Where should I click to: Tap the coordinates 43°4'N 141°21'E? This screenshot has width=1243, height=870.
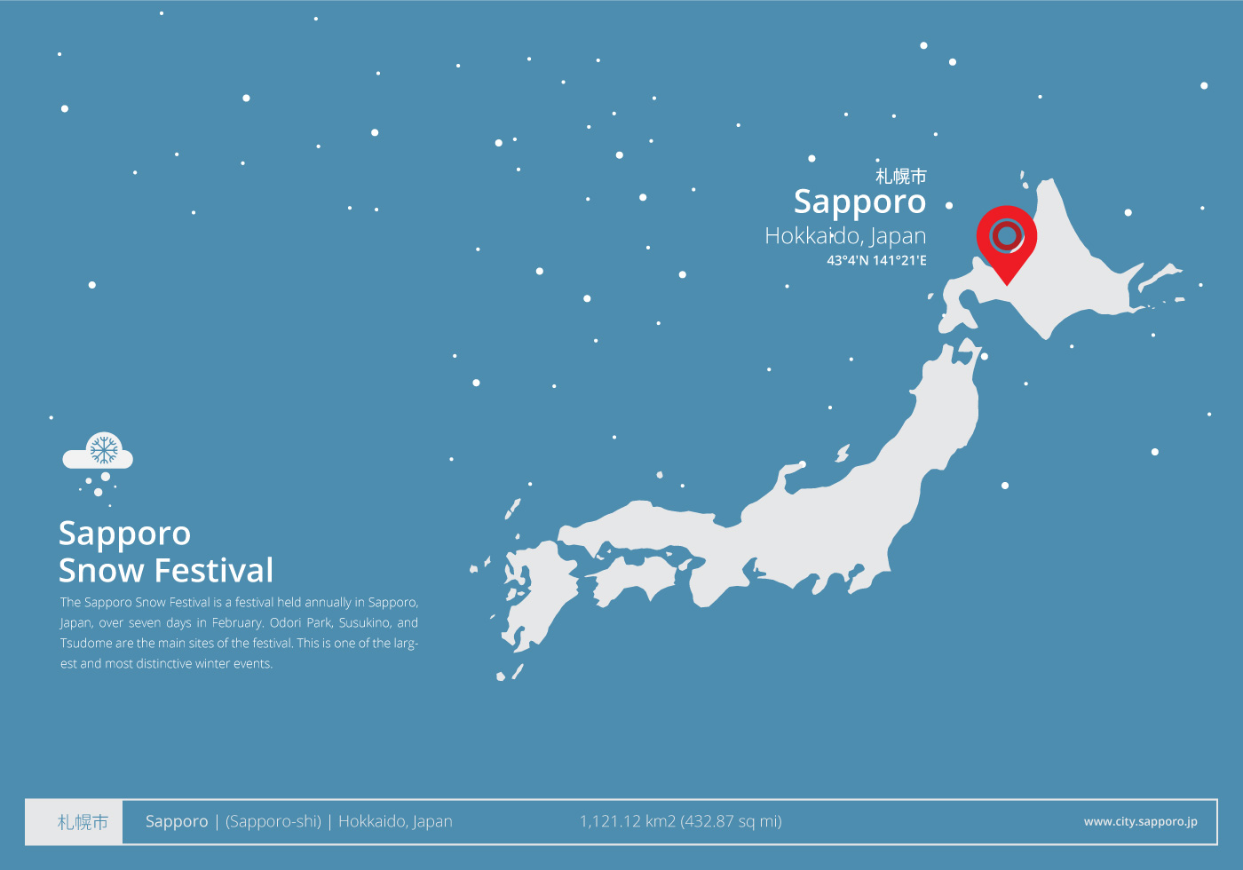click(876, 260)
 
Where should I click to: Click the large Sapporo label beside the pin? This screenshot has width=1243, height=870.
click(859, 202)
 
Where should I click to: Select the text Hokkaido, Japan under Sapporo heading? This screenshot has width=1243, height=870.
click(845, 236)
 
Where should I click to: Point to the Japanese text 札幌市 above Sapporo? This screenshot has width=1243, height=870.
click(900, 177)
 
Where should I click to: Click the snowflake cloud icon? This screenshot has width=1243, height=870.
click(99, 454)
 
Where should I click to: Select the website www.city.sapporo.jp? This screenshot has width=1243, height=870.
click(1140, 822)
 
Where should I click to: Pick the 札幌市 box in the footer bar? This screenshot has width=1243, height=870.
click(83, 822)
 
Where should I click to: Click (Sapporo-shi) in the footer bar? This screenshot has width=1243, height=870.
click(273, 822)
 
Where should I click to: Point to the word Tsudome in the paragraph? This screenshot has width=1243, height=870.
click(85, 644)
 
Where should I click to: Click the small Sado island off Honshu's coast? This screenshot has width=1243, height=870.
click(842, 455)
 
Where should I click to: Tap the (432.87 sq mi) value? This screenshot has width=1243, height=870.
click(731, 822)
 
